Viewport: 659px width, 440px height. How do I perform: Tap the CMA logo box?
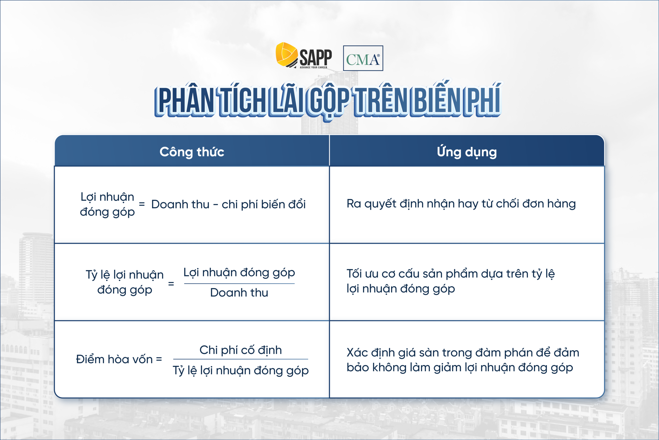point(363,58)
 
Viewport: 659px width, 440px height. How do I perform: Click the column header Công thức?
point(192,152)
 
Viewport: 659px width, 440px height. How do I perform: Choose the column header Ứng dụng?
point(467,152)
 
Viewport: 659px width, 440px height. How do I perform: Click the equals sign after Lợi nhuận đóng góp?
point(142,204)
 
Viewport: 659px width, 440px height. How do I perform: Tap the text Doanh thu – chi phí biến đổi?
point(228,205)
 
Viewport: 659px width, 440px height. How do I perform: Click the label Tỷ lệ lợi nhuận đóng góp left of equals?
point(125,282)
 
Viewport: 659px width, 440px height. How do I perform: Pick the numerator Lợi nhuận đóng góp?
point(239,273)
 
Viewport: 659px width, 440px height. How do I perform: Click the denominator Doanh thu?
point(239,293)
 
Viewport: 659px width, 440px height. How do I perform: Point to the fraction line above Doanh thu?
point(239,284)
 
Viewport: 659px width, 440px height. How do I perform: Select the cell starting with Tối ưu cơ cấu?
point(450,281)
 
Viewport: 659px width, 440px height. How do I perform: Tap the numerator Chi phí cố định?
point(240,350)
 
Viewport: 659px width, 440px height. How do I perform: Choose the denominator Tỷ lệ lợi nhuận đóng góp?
point(240,371)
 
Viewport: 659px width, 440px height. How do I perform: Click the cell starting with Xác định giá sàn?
point(463,360)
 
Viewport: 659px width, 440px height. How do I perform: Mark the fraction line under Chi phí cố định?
point(240,359)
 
